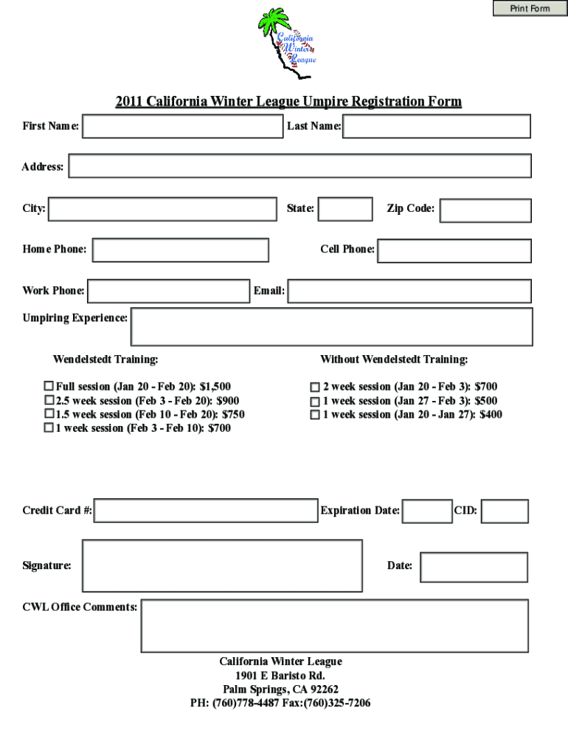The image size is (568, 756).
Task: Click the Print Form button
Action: (530, 8)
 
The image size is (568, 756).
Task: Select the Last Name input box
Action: (437, 126)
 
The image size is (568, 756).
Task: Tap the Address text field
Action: (299, 166)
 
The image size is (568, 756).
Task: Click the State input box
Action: (344, 209)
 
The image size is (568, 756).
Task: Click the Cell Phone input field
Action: (454, 250)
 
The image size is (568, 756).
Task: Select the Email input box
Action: (409, 291)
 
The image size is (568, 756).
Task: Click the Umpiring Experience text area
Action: (331, 326)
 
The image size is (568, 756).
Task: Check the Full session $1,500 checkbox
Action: (49, 386)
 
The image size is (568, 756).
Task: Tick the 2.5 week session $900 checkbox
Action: (49, 400)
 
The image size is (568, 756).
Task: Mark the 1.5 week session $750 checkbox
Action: (49, 414)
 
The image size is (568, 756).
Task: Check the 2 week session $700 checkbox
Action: (315, 387)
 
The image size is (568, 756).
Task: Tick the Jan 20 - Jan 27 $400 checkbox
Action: (315, 415)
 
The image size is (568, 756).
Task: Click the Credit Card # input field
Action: (206, 510)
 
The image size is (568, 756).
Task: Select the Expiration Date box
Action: (428, 511)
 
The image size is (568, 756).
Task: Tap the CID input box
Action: (505, 511)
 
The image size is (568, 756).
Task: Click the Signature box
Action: (222, 566)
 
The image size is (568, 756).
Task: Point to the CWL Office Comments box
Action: (334, 625)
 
